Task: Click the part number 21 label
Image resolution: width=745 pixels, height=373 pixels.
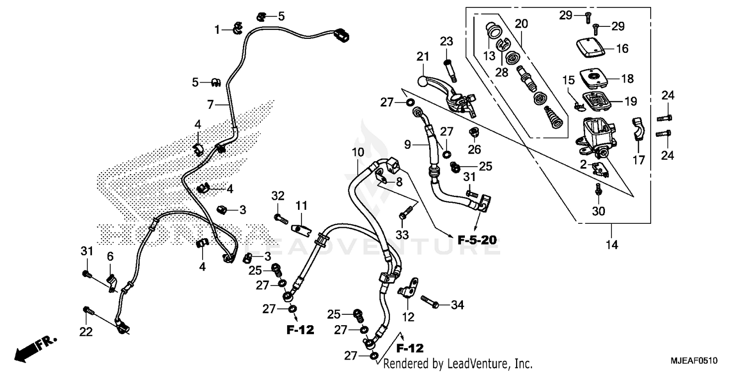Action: tap(422, 58)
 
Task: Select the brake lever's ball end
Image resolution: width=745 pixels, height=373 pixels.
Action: tap(421, 80)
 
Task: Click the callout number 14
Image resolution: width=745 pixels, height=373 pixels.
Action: tap(612, 245)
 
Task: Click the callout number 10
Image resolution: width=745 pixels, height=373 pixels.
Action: tap(358, 151)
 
